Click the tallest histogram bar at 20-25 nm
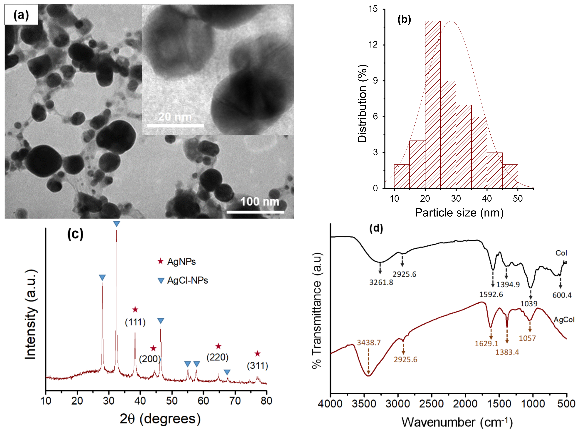pos(433,105)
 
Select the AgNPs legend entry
pos(181,262)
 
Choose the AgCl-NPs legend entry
pos(187,280)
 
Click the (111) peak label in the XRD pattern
pos(135,322)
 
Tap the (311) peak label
pos(258,366)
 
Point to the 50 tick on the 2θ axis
pos(172,401)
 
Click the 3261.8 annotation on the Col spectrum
pos(381,282)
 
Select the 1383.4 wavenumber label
pos(507,352)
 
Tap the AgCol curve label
pos(564,320)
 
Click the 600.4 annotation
pos(562,295)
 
